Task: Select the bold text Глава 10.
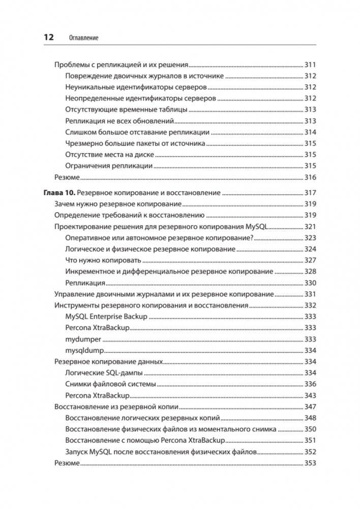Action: (58, 193)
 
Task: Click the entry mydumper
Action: (83, 339)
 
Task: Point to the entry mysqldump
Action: (84, 350)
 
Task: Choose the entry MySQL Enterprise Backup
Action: (106, 316)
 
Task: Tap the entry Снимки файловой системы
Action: (110, 384)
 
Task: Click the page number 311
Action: (310, 65)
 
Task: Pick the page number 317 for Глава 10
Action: (310, 193)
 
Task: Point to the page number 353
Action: (310, 463)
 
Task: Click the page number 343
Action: (310, 395)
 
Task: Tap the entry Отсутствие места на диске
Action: (109, 155)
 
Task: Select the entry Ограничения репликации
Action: (109, 166)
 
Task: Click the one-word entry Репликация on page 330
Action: (85, 283)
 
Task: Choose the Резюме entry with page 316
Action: (67, 177)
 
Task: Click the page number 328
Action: (310, 272)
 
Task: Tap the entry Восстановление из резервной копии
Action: (117, 406)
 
